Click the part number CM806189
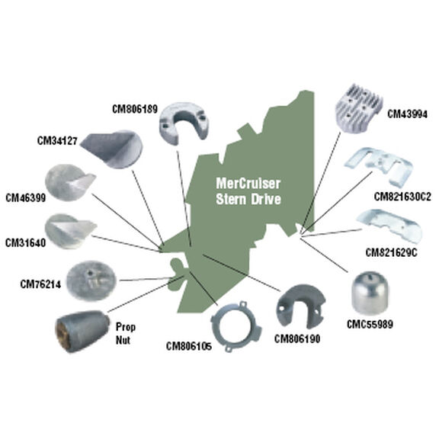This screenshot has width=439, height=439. click(135, 109)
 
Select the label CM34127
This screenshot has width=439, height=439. click(57, 140)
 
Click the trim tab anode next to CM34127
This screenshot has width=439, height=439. click(112, 149)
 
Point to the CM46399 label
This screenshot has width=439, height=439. click(25, 198)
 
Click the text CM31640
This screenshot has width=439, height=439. click(25, 242)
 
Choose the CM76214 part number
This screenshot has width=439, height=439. click(40, 284)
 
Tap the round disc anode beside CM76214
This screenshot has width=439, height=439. click(91, 280)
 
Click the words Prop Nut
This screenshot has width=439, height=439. click(126, 334)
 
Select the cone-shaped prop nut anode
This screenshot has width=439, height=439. click(82, 331)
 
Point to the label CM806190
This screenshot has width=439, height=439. click(297, 339)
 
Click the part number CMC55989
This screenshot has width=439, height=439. click(370, 325)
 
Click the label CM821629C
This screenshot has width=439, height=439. click(391, 253)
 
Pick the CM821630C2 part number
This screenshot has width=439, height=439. click(402, 197)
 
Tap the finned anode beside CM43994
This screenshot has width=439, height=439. click(359, 111)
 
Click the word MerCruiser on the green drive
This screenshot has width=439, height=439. click(248, 184)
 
